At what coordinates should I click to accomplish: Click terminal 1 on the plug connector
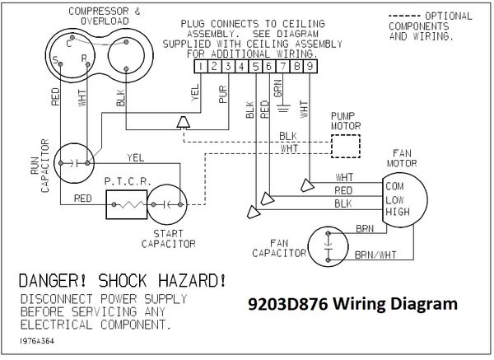201,67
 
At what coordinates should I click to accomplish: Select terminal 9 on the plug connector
310,67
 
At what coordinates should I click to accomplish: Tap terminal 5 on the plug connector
255,67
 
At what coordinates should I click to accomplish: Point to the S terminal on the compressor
60,64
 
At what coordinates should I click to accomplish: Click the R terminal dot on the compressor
87,64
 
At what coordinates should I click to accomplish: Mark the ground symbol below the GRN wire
283,108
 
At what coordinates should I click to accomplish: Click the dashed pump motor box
346,147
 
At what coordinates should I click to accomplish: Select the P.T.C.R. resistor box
127,204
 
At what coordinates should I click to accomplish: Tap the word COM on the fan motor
394,186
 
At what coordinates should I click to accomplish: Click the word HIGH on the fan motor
398,212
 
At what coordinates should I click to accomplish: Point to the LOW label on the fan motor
394,200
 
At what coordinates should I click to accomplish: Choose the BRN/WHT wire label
375,255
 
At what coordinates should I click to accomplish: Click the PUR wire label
223,94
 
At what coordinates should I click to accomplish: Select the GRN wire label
277,89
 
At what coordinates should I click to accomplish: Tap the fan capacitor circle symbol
328,246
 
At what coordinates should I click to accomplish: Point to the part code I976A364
37,341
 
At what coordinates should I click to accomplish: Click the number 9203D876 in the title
288,304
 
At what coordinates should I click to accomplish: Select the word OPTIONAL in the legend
449,16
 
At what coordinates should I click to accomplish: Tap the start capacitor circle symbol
167,204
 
